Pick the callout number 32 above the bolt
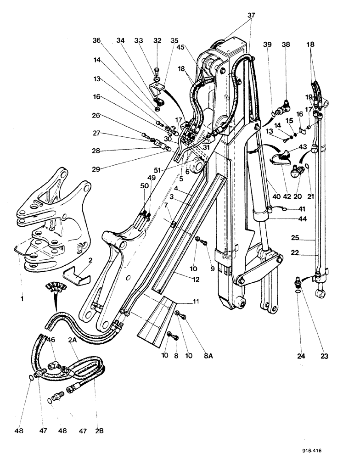point(158,40)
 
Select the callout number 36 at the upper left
point(96,40)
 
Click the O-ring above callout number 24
point(299,290)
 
